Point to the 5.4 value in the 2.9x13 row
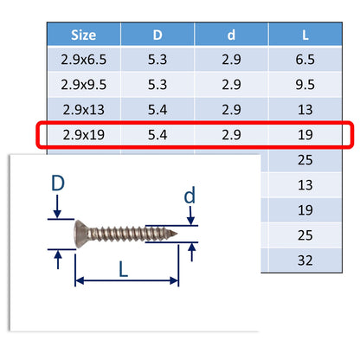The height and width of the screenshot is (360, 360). coord(157,111)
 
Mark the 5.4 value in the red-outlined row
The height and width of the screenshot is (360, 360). coord(157,136)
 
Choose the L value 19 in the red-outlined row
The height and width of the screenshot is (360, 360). coord(305,136)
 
